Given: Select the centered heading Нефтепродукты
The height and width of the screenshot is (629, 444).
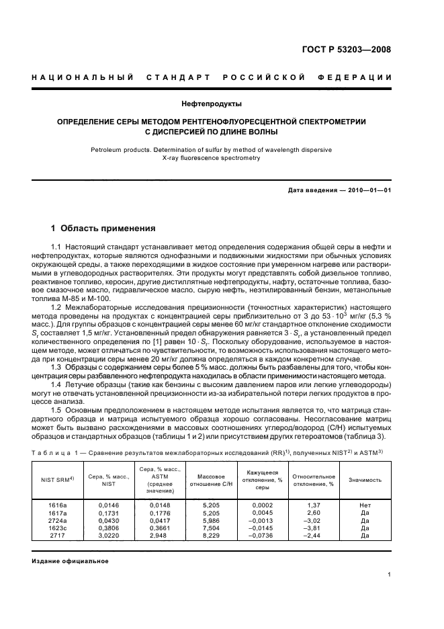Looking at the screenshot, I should [221, 103].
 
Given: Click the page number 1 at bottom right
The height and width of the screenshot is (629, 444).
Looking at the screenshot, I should [390, 575].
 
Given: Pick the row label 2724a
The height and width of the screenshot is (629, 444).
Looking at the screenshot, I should [58, 519].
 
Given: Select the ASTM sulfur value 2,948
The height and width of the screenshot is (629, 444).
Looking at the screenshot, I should [154, 536].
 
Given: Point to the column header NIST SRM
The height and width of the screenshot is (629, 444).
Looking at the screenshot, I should [59, 480].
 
